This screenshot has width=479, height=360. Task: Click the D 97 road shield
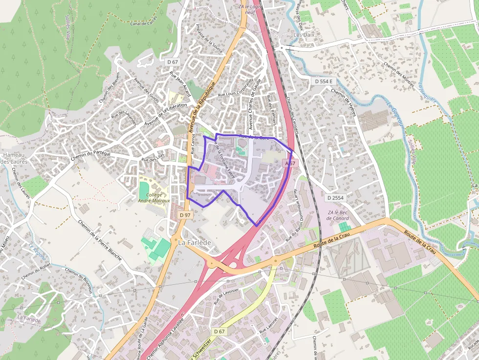[185, 215]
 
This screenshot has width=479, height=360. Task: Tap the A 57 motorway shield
[290, 163]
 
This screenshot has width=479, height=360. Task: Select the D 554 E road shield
[323, 81]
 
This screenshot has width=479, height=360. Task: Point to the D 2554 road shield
[335, 197]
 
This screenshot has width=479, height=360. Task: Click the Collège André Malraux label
[154, 197]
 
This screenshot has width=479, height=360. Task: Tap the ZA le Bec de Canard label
[337, 215]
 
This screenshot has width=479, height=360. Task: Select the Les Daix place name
[304, 35]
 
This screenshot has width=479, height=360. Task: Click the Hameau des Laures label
[13, 158]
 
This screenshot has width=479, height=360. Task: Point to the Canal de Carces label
[144, 23]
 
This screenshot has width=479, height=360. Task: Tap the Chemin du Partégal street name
[90, 155]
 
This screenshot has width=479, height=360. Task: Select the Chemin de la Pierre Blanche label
[100, 239]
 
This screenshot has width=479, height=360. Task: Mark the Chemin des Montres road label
[399, 70]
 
